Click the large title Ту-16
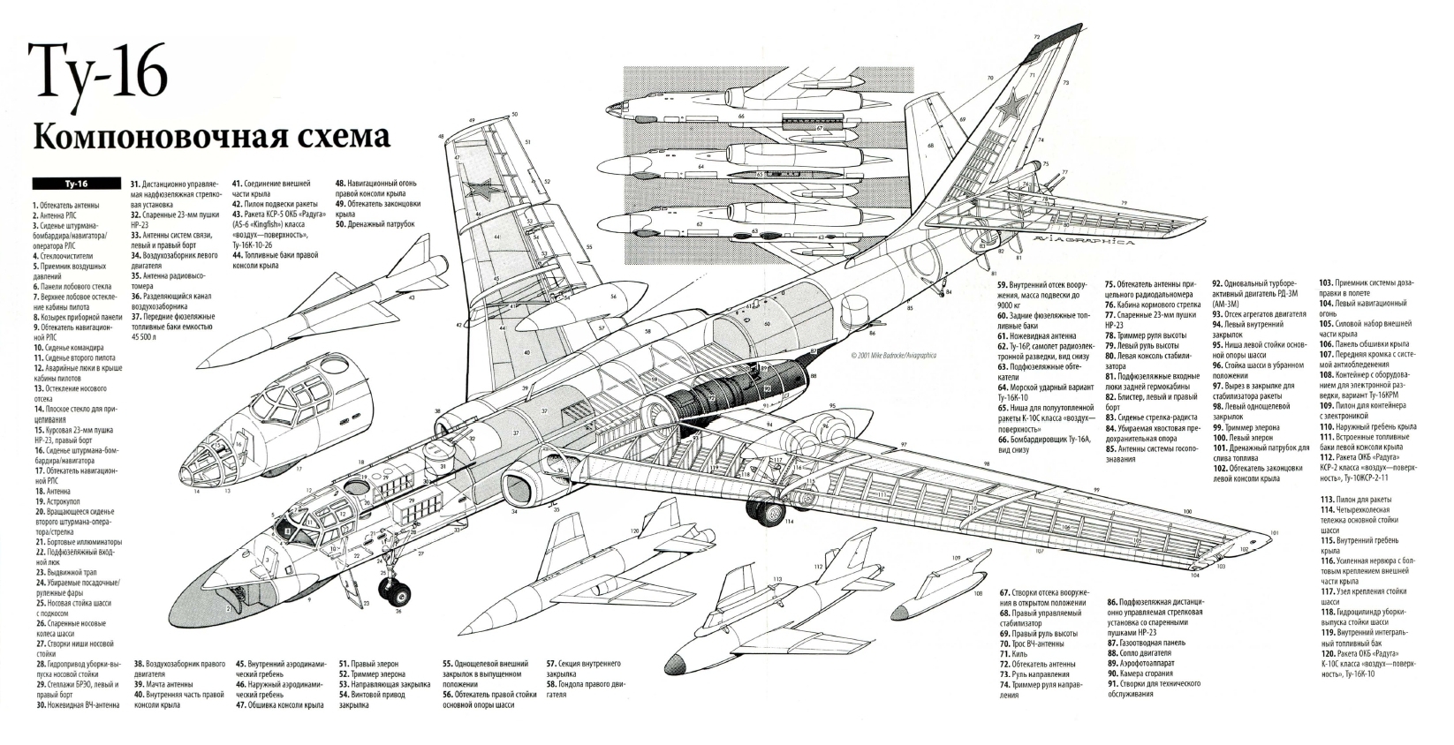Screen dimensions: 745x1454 [x=98, y=69]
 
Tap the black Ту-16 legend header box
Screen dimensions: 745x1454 [x=75, y=184]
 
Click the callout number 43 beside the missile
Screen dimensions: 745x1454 [x=412, y=297]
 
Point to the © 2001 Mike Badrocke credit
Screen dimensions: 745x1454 [x=890, y=355]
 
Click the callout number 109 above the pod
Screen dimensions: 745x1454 [x=956, y=558]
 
